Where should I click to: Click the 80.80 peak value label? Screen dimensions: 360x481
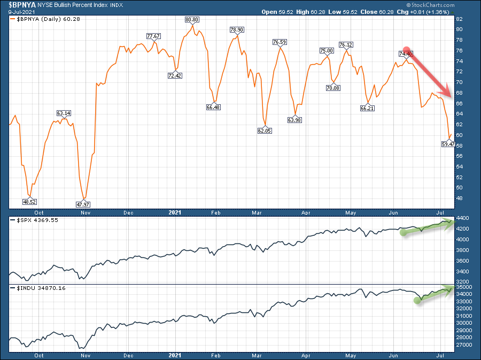click(192, 19)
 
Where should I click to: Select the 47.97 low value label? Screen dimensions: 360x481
click(83, 204)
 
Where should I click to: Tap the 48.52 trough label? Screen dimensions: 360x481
click(30, 202)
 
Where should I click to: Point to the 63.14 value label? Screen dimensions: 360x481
click(64, 113)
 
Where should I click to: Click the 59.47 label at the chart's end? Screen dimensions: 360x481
click(448, 144)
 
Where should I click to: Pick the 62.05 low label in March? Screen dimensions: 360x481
click(264, 130)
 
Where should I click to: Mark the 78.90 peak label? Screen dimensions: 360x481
click(237, 30)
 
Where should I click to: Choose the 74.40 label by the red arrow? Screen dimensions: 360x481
click(406, 53)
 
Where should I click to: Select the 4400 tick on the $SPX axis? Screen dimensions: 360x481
click(463, 219)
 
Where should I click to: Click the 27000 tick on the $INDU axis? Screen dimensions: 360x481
click(464, 345)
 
